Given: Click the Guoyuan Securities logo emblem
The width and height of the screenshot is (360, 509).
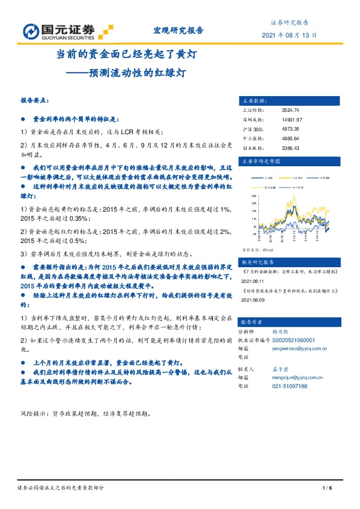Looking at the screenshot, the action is [x=31, y=31].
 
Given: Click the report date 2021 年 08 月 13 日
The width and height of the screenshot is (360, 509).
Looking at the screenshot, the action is [x=289, y=36].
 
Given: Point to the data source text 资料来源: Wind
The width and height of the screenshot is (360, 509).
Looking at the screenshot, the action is [x=258, y=249].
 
